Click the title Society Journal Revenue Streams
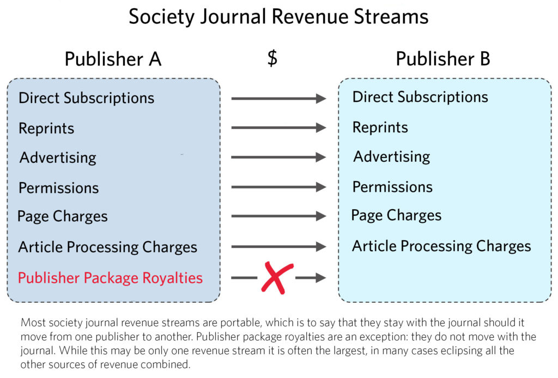click(278, 17)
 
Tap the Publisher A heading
click(113, 58)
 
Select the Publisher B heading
click(443, 58)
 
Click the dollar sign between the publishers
click(272, 58)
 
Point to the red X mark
click(276, 277)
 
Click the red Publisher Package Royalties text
click(110, 278)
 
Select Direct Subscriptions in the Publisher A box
click(86, 98)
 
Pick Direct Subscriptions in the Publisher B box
click(420, 97)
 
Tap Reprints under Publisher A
click(46, 129)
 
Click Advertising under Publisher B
click(392, 157)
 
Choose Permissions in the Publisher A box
click(59, 188)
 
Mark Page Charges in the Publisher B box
click(396, 215)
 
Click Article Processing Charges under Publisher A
click(107, 247)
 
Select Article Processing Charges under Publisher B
click(441, 246)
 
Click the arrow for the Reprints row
click(278, 128)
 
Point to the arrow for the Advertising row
click(278, 157)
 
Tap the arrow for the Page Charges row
click(278, 216)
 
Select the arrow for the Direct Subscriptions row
click(278, 99)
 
